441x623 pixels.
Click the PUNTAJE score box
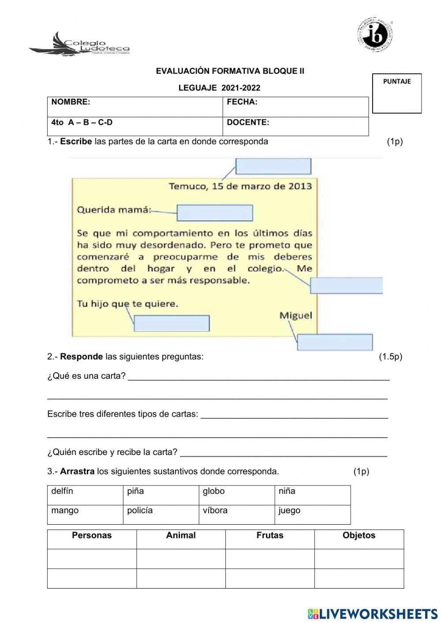[x=397, y=93]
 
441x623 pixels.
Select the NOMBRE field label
[x=71, y=102]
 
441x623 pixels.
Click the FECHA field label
[x=242, y=102]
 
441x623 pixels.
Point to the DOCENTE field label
[x=248, y=123]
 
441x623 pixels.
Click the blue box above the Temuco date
[x=273, y=166]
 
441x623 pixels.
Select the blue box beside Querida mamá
[x=215, y=213]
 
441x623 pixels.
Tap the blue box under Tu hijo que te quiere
[x=172, y=323]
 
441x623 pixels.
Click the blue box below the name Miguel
[x=335, y=342]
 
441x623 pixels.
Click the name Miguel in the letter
[x=295, y=316]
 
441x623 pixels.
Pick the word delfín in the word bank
[x=62, y=491]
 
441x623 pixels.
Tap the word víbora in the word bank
[x=215, y=511]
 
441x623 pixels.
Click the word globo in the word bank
[x=213, y=491]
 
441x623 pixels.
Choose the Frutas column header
[x=270, y=536]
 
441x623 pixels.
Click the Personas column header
[x=92, y=536]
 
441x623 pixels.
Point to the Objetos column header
[x=359, y=536]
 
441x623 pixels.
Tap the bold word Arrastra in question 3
[x=77, y=471]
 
